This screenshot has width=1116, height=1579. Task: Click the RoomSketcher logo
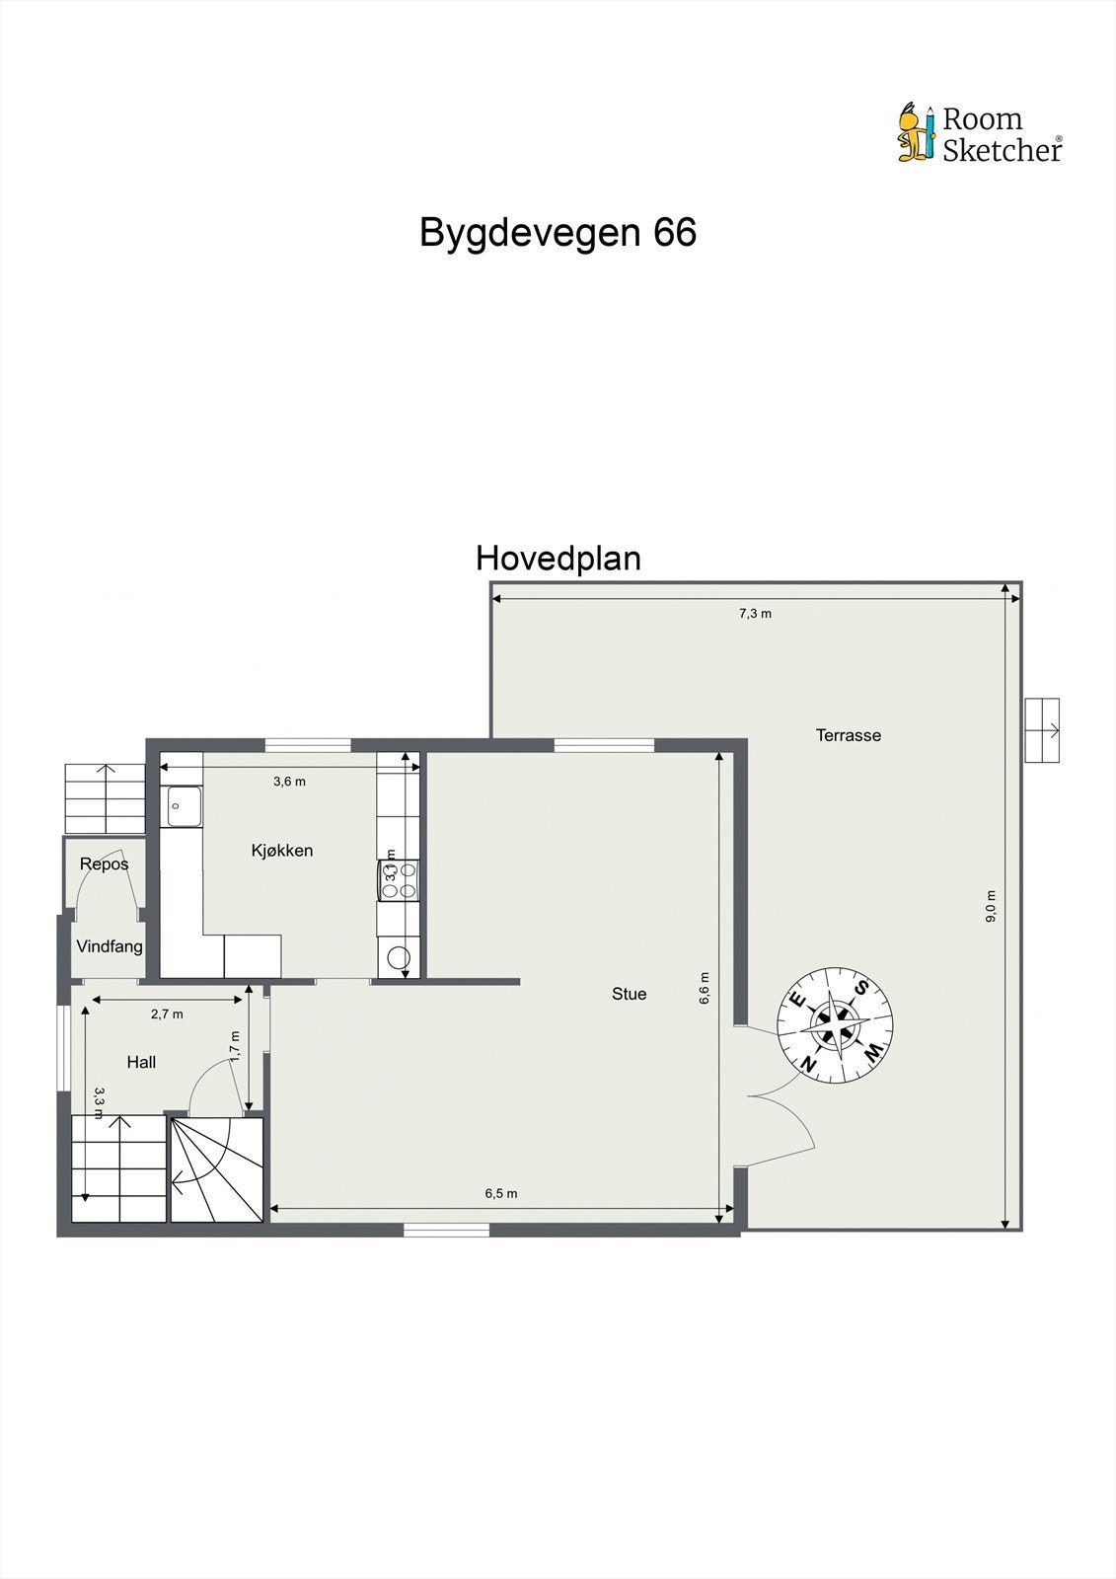point(979,133)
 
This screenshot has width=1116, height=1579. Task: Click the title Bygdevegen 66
point(558,233)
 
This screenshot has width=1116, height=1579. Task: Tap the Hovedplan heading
point(558,559)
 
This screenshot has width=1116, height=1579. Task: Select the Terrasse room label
point(848,735)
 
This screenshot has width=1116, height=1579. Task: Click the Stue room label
point(629,994)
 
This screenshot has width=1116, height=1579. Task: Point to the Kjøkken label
point(282,851)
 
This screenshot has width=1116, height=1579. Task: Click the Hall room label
point(141,1063)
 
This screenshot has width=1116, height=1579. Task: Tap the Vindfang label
point(110,946)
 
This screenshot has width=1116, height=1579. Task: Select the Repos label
point(104,865)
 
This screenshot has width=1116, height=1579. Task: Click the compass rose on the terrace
point(835,1026)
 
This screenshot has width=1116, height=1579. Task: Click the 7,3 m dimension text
point(755,614)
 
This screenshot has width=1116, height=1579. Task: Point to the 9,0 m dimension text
point(991,906)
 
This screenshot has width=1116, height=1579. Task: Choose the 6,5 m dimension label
point(500,1193)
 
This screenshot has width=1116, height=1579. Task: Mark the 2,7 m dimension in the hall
point(167,1014)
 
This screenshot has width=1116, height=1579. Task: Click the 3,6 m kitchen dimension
point(289,782)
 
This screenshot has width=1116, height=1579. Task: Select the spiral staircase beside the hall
point(217,1169)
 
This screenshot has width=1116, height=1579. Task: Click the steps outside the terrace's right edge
point(1042,730)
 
